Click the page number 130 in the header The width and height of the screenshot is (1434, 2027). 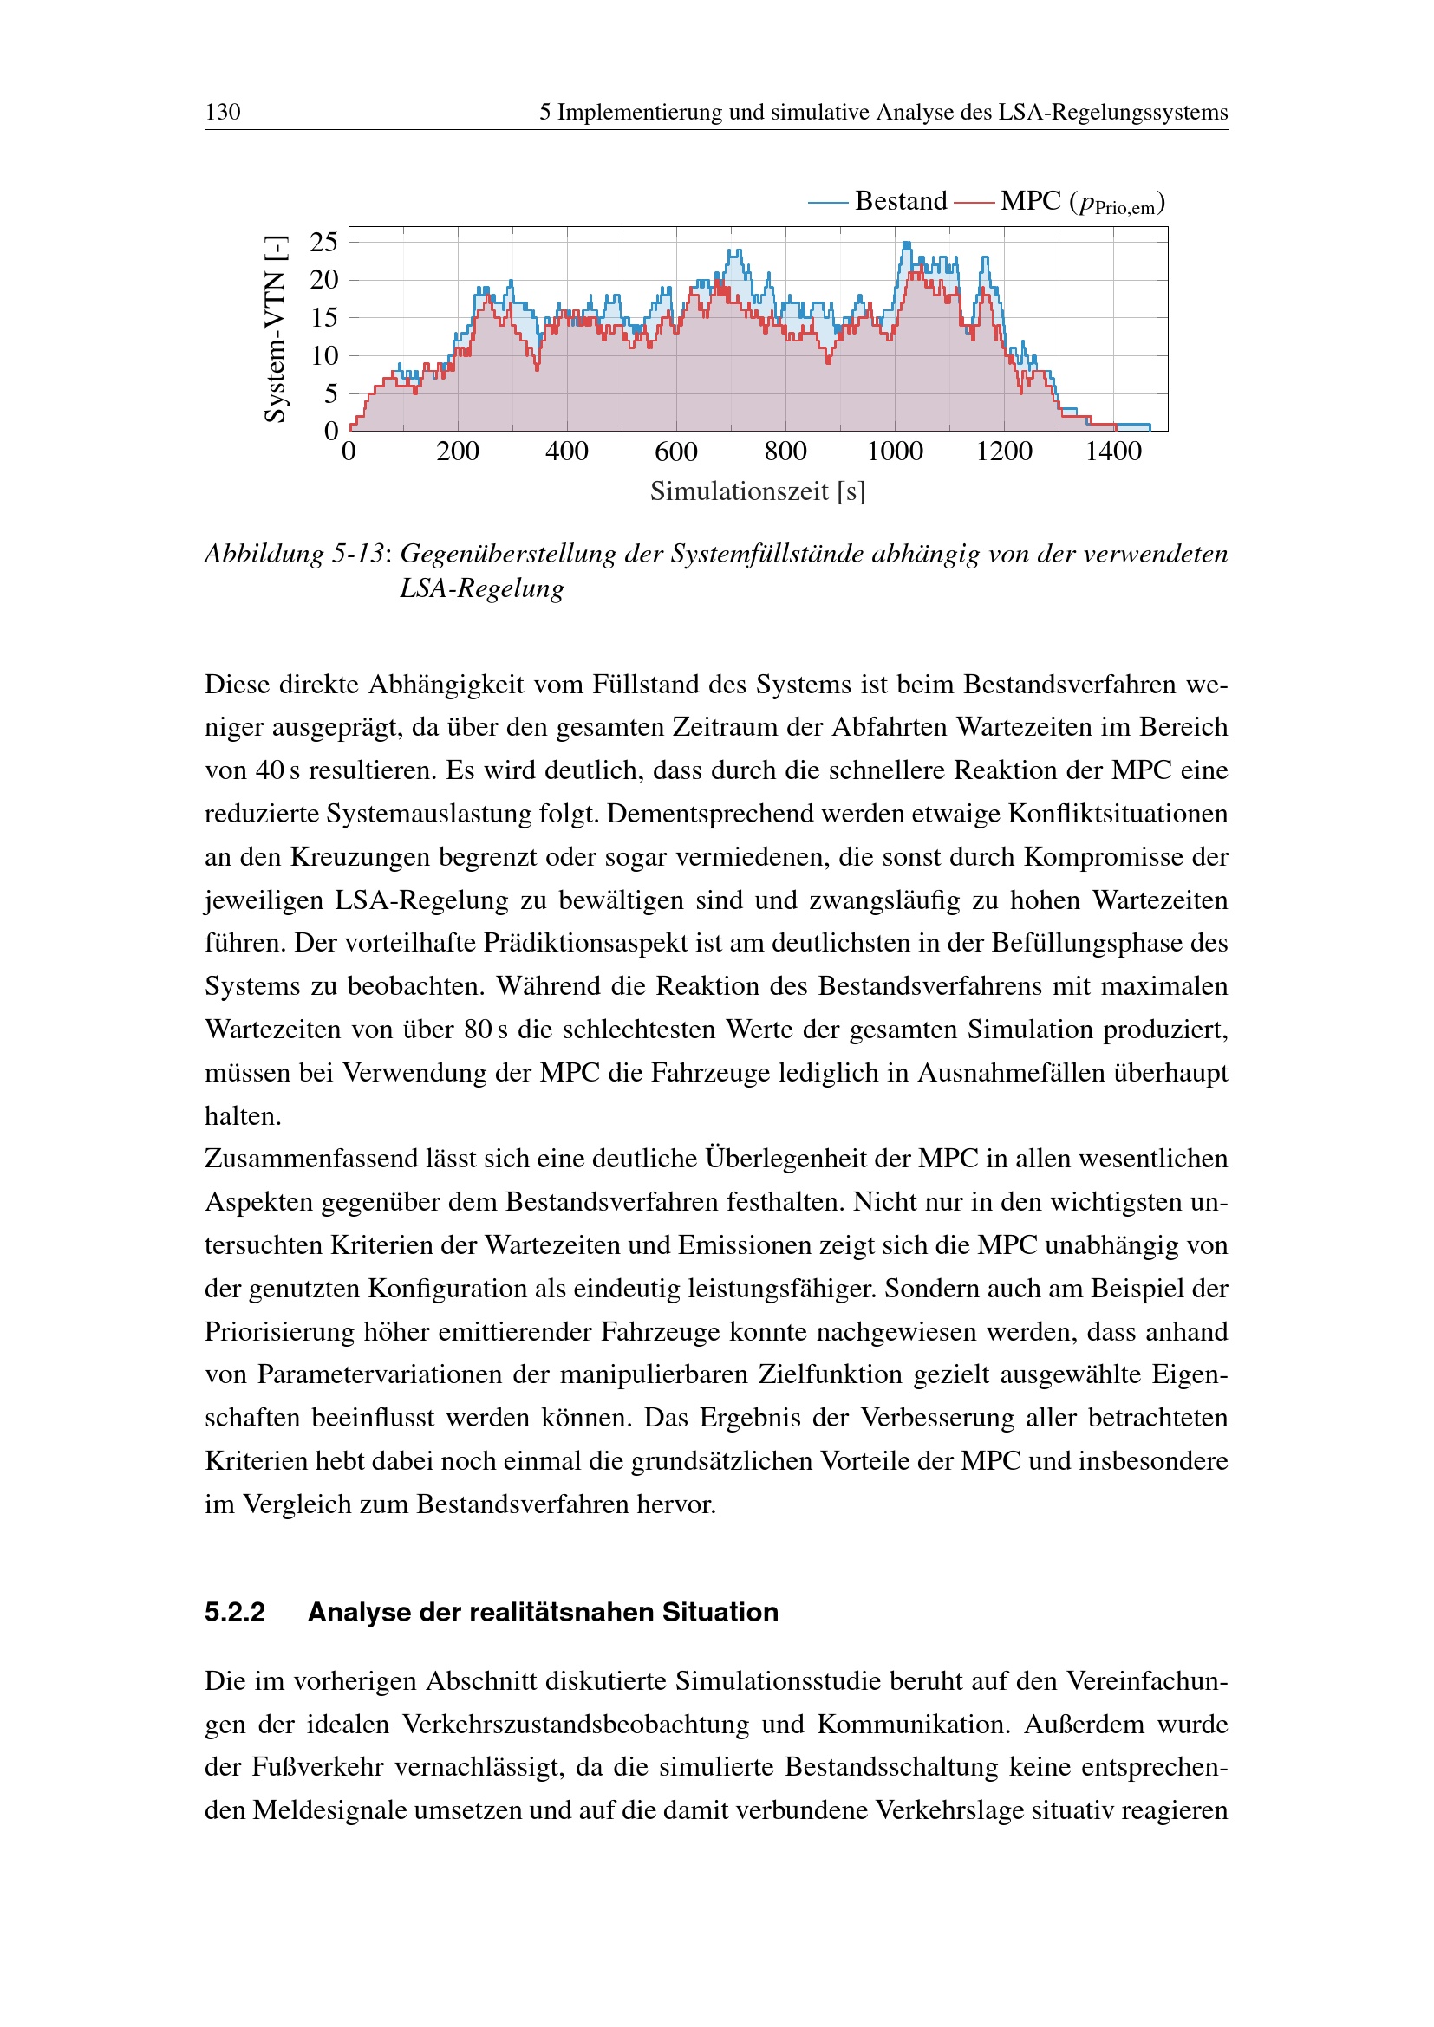click(x=223, y=112)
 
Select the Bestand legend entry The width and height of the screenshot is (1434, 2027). click(x=900, y=201)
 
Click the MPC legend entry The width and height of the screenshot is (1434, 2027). click(x=1030, y=201)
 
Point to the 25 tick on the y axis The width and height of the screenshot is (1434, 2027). click(x=324, y=241)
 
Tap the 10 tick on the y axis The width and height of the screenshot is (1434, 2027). click(x=324, y=356)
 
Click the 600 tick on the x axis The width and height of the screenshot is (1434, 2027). click(x=676, y=452)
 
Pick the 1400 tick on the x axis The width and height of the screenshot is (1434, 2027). click(x=1113, y=452)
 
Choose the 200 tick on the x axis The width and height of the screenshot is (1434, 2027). click(x=458, y=452)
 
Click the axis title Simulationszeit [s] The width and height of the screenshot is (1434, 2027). click(x=758, y=491)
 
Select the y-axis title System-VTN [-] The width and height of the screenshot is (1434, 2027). click(x=276, y=329)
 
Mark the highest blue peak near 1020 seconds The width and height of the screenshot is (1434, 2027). click(x=906, y=244)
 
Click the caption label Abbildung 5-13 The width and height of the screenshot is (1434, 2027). click(x=295, y=554)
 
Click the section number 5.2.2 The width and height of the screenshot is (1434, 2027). click(x=235, y=1613)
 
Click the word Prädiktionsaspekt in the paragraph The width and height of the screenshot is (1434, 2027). click(x=584, y=943)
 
